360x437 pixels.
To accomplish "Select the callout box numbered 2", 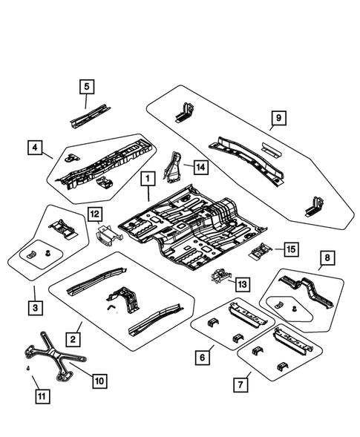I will pyautogui.click(x=73, y=338).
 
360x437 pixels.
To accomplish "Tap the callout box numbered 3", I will pyautogui.click(x=35, y=307).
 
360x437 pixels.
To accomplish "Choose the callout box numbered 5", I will pyautogui.click(x=86, y=87).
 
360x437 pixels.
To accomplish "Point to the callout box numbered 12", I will pyautogui.click(x=94, y=215).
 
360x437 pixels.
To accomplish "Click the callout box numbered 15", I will pyautogui.click(x=289, y=249).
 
